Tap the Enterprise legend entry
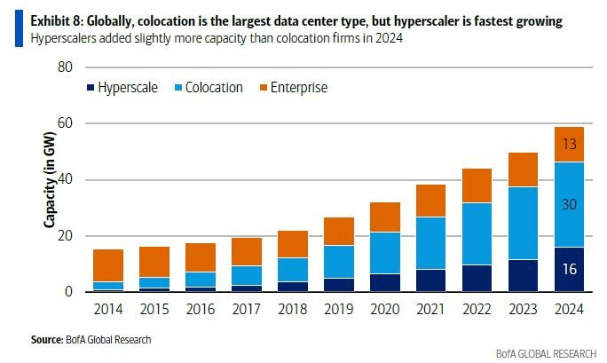297,88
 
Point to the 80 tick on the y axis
64,67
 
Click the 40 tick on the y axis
64,180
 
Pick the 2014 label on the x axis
107,309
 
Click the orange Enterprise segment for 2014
107,265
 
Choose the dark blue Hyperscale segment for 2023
522,275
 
